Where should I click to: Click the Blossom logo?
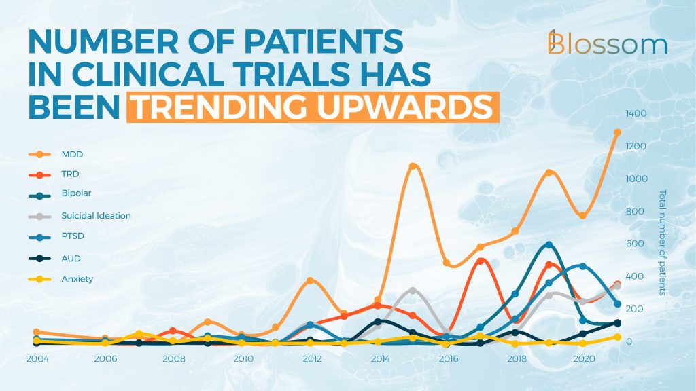[x=607, y=43]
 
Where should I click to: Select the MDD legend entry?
[x=56, y=154]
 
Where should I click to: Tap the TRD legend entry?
[x=54, y=174]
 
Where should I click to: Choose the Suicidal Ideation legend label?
[x=97, y=216]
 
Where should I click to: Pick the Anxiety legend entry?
[x=60, y=279]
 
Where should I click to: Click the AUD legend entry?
[x=54, y=259]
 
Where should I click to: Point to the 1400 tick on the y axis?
[x=636, y=113]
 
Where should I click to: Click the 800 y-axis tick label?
[x=635, y=212]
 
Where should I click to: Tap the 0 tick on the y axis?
[x=629, y=342]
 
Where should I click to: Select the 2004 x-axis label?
[x=37, y=358]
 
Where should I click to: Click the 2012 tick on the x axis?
[x=312, y=358]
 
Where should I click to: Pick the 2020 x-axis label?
[x=584, y=358]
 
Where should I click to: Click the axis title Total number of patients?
[x=662, y=242]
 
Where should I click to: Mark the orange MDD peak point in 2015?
[x=413, y=166]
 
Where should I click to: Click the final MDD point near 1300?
[x=617, y=132]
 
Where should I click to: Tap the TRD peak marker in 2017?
[x=481, y=261]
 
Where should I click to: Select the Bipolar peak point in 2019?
[x=549, y=244]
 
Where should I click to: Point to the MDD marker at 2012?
[x=310, y=280]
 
